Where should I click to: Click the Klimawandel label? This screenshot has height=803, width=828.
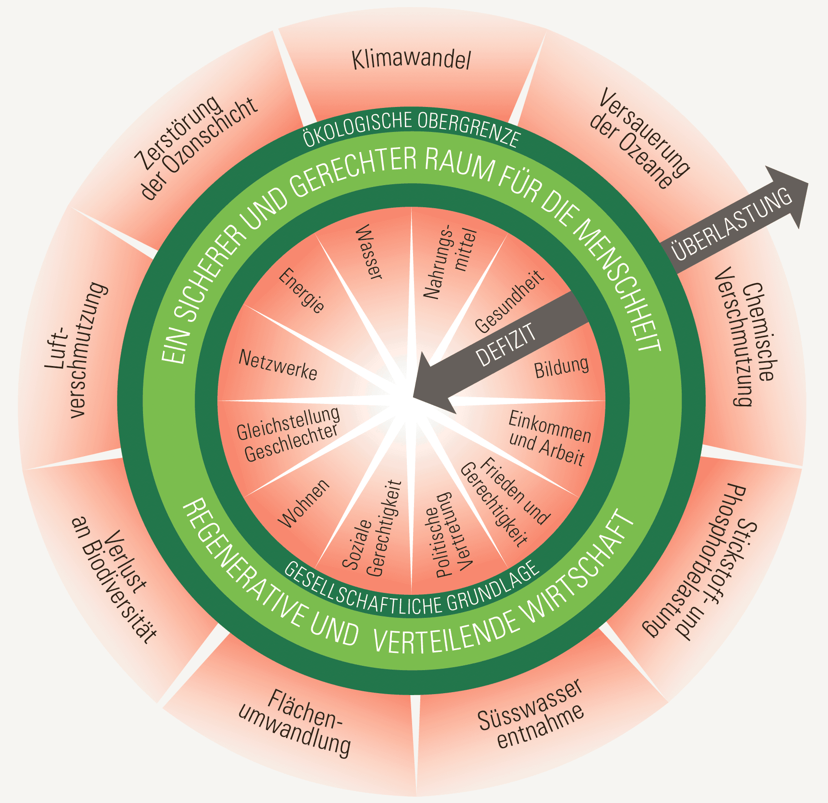411,60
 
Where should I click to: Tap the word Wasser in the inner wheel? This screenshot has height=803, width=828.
369,252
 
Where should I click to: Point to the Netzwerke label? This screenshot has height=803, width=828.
278,365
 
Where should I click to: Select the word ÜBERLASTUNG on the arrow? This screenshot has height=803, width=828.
732,224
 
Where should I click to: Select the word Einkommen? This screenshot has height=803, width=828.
549,427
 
